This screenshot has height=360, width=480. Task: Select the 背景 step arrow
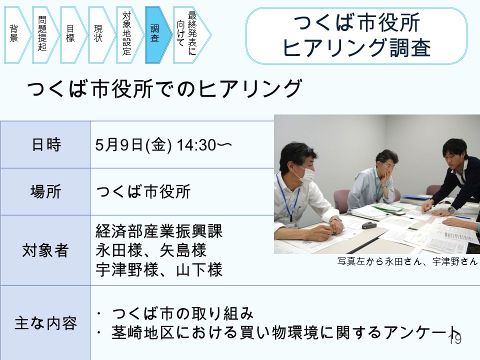point(16,35)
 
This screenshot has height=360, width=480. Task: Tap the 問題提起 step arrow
point(44,35)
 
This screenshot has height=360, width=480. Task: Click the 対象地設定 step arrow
point(129,35)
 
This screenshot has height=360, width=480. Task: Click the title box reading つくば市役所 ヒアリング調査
point(356,35)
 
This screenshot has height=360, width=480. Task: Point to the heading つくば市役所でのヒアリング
point(164,88)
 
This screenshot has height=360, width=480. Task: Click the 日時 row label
point(46,144)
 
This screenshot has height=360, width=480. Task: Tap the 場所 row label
point(46,191)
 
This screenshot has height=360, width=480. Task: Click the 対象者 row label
point(45,250)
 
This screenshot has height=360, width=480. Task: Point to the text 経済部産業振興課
point(159,231)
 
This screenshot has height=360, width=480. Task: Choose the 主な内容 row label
point(45,323)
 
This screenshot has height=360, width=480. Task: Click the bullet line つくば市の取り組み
point(182,313)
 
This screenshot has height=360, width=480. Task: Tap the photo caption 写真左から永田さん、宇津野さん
point(407,261)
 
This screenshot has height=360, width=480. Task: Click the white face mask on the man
point(305,175)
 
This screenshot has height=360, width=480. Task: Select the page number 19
point(455,339)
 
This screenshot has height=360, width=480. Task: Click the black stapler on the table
point(369,225)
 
